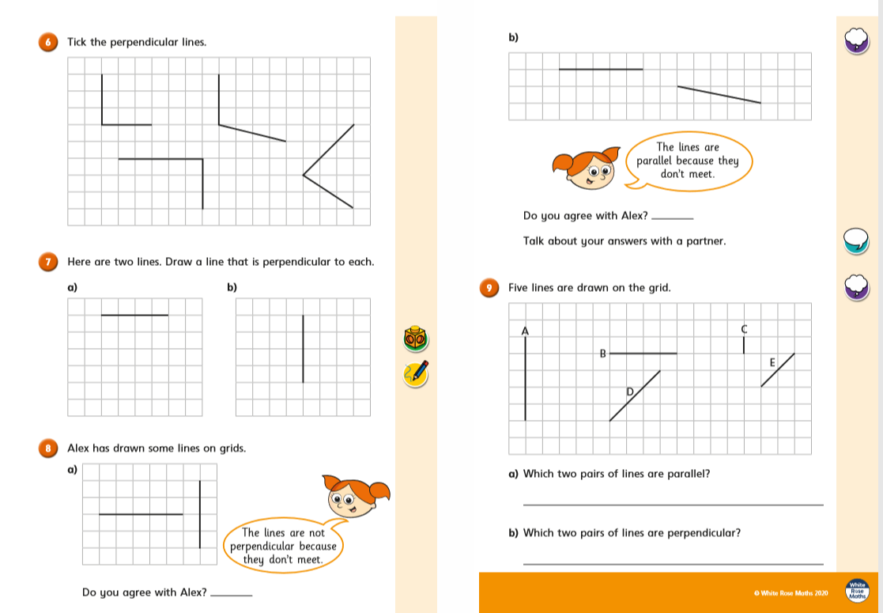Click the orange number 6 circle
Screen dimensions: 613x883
coord(48,42)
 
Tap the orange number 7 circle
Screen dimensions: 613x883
coord(48,261)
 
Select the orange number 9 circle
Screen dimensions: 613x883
coord(489,288)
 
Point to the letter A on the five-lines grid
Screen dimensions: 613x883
coord(525,331)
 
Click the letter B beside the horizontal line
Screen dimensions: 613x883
coord(602,354)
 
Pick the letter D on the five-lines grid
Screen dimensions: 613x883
coord(630,391)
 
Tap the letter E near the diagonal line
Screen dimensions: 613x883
coord(772,362)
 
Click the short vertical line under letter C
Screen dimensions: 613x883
coord(743,345)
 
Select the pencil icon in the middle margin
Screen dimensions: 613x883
coord(416,373)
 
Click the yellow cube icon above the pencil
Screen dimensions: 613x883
coord(416,338)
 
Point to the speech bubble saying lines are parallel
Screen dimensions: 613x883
coord(687,161)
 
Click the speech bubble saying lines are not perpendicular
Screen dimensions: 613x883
coord(284,546)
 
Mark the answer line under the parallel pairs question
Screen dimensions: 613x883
coord(673,504)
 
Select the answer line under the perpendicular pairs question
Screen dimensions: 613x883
coord(673,563)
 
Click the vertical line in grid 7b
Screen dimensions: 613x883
coord(303,349)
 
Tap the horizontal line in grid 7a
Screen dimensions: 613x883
coord(135,316)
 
